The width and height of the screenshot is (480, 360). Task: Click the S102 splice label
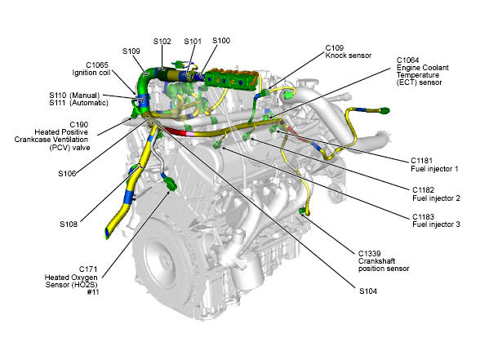[x=162, y=42]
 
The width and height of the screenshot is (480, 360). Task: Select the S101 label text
[x=193, y=42]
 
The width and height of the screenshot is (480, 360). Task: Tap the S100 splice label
[x=221, y=41]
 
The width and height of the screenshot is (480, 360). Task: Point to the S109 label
[x=131, y=51]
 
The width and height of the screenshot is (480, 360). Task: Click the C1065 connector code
[x=97, y=65]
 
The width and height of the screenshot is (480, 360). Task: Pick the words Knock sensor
[x=349, y=56]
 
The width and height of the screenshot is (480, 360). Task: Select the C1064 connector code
[x=408, y=60]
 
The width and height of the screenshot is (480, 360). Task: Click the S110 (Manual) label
[x=74, y=96]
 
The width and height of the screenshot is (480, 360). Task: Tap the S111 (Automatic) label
[x=78, y=103]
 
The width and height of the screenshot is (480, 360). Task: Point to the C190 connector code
[x=79, y=125]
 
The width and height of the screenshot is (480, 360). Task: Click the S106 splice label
[x=67, y=174]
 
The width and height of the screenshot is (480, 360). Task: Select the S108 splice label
[x=69, y=224]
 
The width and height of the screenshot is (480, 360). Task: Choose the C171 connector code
[x=88, y=269]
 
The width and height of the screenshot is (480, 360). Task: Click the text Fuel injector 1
[x=434, y=169]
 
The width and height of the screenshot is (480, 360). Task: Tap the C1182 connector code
[x=424, y=189]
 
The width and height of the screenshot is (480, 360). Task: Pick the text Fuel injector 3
[x=436, y=224]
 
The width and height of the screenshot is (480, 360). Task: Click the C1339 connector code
[x=370, y=253]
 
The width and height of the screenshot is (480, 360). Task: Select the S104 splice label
[x=368, y=291]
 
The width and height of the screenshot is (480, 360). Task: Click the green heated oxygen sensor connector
[x=170, y=184]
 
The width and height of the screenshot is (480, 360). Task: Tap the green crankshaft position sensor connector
[x=302, y=211]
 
